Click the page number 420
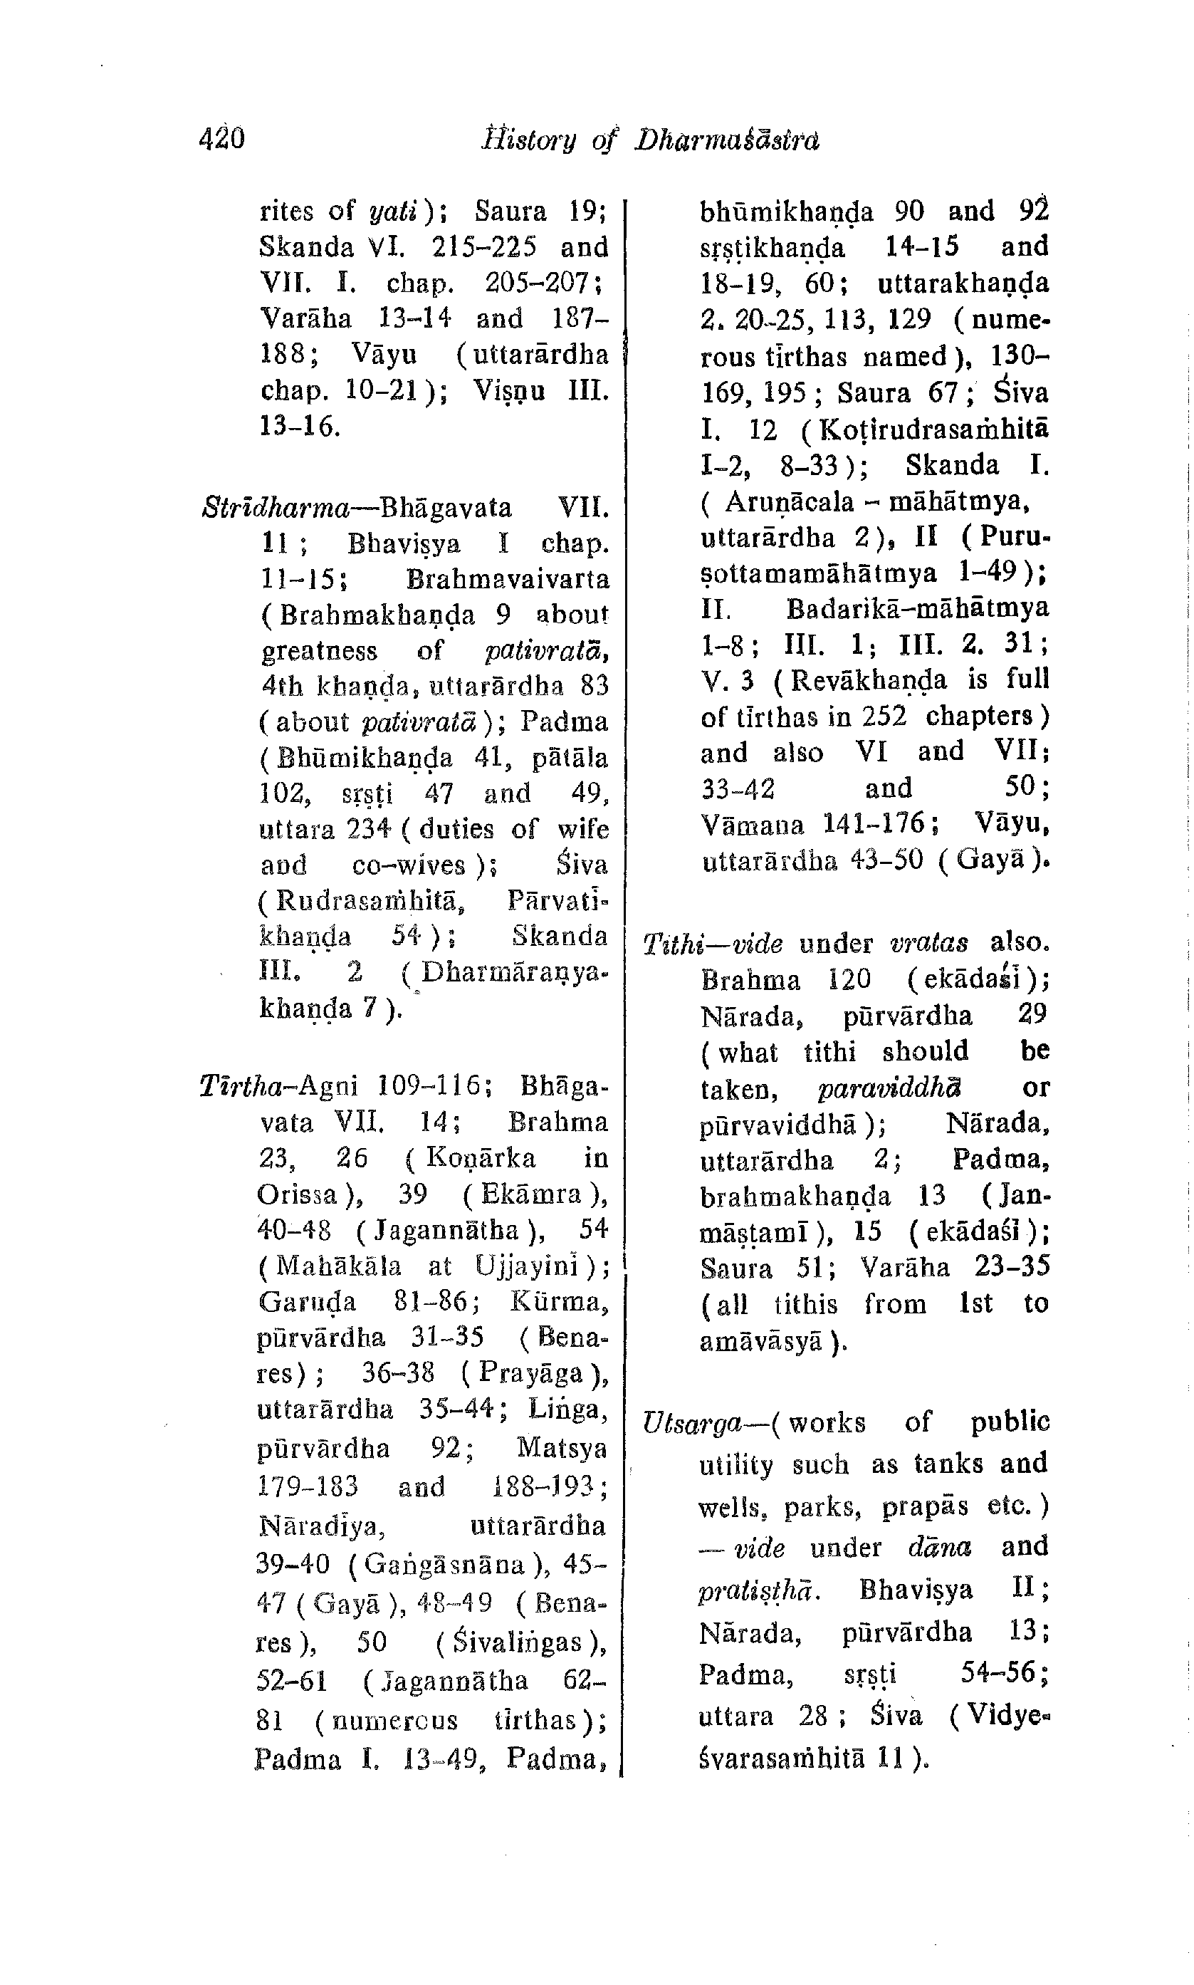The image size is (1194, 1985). (x=221, y=139)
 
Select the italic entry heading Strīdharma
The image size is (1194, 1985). (x=275, y=509)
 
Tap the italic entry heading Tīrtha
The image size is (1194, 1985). (x=237, y=1086)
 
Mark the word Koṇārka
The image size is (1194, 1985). (x=481, y=1159)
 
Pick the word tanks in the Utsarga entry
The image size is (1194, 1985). (x=952, y=1463)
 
